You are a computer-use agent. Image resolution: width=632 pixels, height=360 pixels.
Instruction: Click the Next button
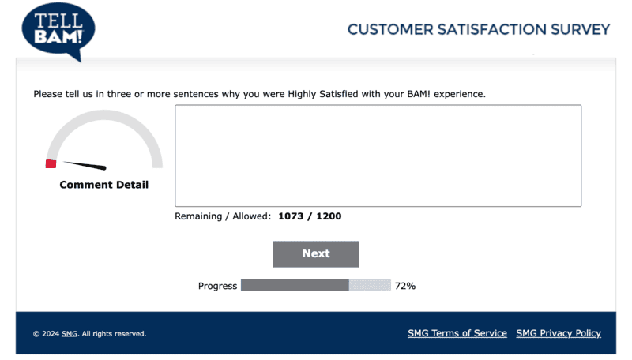315,253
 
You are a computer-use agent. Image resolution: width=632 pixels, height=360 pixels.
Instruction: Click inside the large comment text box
378,156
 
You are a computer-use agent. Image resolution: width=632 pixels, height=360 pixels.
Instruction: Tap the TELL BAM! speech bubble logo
58,30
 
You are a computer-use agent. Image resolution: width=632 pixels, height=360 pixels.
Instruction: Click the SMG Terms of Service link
457,333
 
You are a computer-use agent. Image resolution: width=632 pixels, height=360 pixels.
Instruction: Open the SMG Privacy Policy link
559,333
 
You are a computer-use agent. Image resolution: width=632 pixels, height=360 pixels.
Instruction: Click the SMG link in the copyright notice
70,334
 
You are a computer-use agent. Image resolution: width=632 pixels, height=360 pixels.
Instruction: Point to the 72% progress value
405,286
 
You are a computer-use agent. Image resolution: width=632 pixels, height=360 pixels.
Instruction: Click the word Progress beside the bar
217,286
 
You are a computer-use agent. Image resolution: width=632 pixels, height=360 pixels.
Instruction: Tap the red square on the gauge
51,163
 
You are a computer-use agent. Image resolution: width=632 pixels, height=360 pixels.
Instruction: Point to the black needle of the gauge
85,166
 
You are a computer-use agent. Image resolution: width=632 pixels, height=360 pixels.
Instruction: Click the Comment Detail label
103,185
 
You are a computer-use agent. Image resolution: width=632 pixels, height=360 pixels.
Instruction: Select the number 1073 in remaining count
292,216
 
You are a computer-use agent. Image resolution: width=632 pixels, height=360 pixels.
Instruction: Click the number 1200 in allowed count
329,216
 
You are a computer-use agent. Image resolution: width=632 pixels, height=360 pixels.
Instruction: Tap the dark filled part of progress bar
294,285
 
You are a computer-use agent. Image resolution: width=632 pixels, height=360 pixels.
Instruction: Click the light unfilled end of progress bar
370,285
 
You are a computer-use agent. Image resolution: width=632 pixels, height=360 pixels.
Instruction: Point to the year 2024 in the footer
51,334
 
